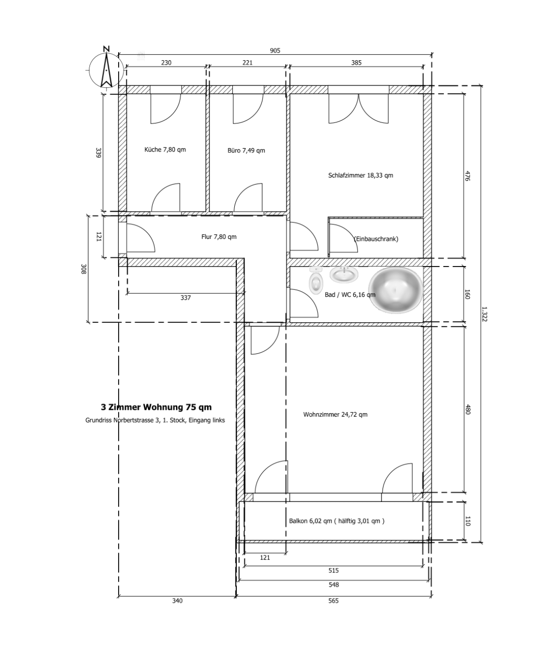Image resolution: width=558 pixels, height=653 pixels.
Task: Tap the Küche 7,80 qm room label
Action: coord(165,150)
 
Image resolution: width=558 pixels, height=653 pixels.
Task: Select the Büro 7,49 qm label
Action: coord(246,151)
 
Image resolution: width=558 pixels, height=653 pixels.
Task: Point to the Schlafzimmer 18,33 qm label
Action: coord(360,175)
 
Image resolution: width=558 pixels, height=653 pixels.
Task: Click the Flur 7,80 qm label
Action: coord(219,236)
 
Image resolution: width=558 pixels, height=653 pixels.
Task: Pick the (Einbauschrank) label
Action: coord(376,239)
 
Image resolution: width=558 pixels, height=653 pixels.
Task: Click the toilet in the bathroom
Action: coord(316,280)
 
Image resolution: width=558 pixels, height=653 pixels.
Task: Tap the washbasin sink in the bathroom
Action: coord(344,274)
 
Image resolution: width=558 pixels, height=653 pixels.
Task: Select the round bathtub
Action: coord(396,290)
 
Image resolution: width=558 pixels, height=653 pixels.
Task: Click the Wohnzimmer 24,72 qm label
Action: coord(335,415)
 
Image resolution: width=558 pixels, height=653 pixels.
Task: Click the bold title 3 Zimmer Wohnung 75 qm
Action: coord(156,407)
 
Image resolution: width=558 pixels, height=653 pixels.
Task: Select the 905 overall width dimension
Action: coord(275,51)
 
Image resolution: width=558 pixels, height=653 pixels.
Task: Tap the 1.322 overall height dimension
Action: coord(484,314)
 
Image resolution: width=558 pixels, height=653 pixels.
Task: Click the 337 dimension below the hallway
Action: coord(185,298)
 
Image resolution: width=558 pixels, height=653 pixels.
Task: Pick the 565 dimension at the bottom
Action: coord(333,601)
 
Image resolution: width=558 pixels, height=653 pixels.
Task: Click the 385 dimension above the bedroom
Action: coord(356,63)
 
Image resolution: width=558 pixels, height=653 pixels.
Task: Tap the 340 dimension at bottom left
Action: coord(177,601)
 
